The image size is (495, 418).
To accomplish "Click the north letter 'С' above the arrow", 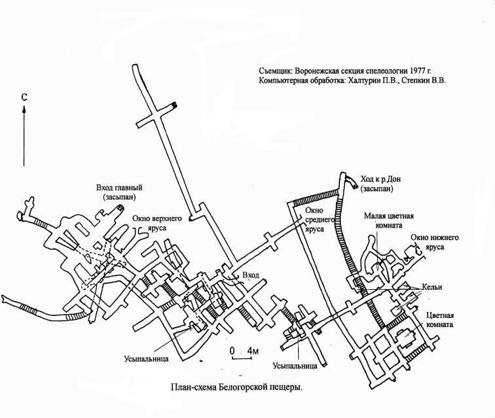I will pyautogui.click(x=24, y=97).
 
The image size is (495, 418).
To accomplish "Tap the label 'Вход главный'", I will pyautogui.click(x=119, y=188).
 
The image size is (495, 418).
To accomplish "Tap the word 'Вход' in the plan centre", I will pyautogui.click(x=251, y=275).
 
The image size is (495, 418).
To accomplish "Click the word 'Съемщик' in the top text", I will pyautogui.click(x=275, y=71).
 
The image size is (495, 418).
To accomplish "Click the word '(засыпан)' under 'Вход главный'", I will pyautogui.click(x=119, y=197).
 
